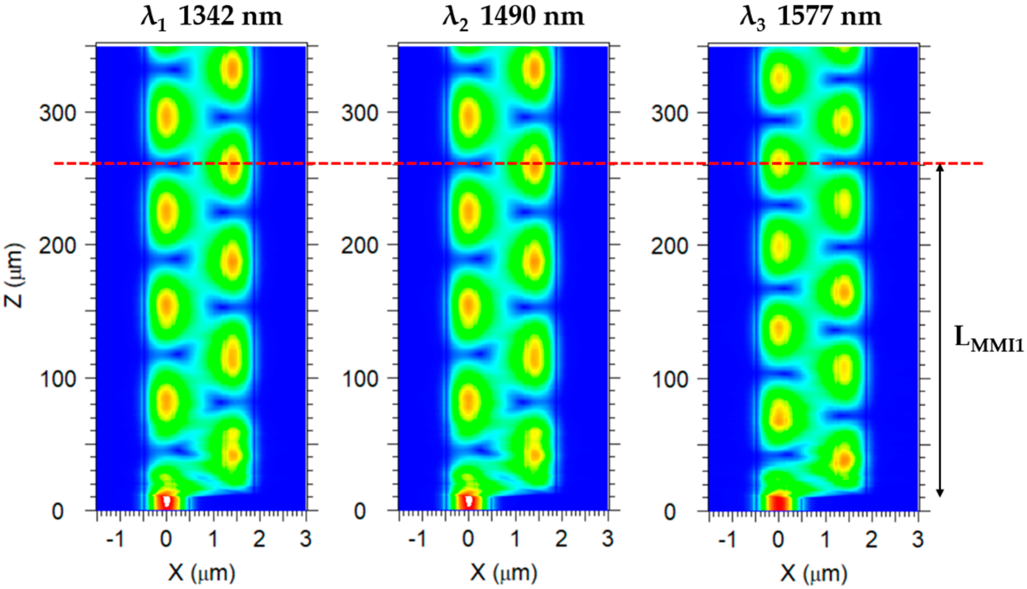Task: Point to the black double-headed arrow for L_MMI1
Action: click(940, 330)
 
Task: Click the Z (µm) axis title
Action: click(13, 276)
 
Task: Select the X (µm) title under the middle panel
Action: click(504, 572)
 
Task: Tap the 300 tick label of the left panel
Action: click(57, 113)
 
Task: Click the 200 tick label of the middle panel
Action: click(359, 246)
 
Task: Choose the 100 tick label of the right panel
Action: click(670, 379)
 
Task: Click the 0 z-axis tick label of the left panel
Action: click(57, 511)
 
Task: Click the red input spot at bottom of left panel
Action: click(166, 502)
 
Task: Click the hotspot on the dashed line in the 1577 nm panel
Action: click(778, 163)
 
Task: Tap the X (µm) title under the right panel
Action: click(813, 572)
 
